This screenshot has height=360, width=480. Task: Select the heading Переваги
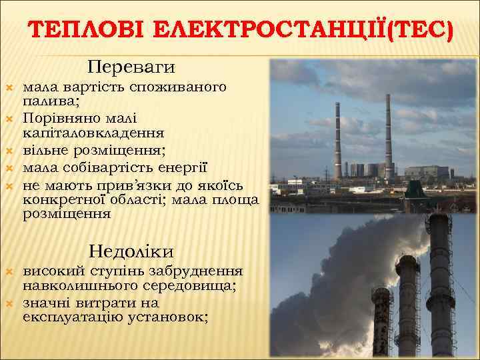[131, 67]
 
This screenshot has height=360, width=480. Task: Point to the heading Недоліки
[131, 251]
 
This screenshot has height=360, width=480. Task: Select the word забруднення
[199, 272]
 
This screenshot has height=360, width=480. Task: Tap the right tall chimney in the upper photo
[387, 133]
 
